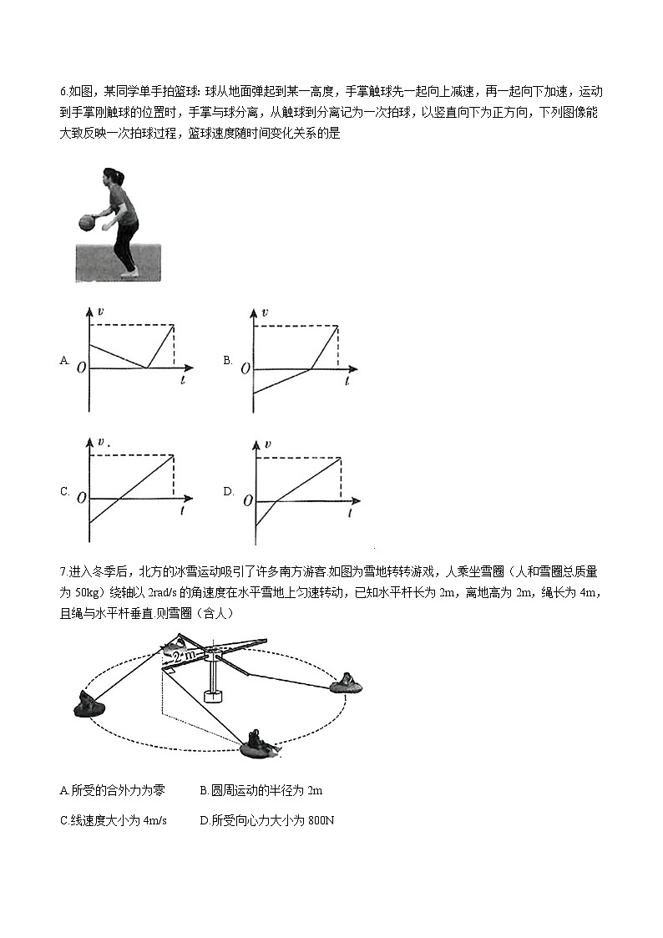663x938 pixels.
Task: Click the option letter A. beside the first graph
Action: click(x=64, y=361)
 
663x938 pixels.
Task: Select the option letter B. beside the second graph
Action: click(x=227, y=361)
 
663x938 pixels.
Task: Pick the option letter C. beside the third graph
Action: click(x=64, y=491)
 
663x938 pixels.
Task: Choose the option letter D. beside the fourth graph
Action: click(x=228, y=491)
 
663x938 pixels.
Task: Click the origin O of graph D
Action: click(x=247, y=500)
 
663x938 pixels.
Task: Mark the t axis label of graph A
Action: click(x=182, y=380)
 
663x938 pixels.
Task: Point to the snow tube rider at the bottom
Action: click(x=258, y=743)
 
